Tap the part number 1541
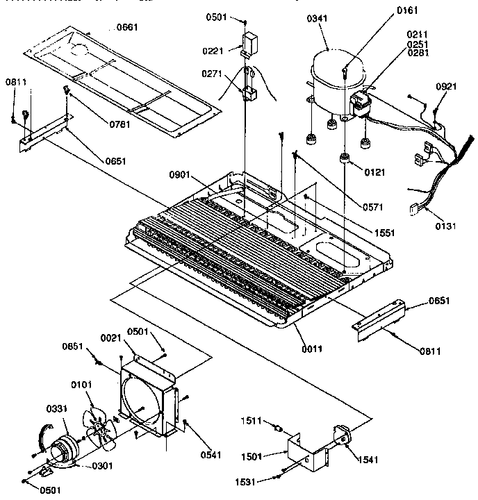pyautogui.click(x=360, y=458)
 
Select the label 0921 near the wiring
pyautogui.click(x=447, y=86)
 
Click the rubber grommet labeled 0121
pyautogui.click(x=343, y=161)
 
